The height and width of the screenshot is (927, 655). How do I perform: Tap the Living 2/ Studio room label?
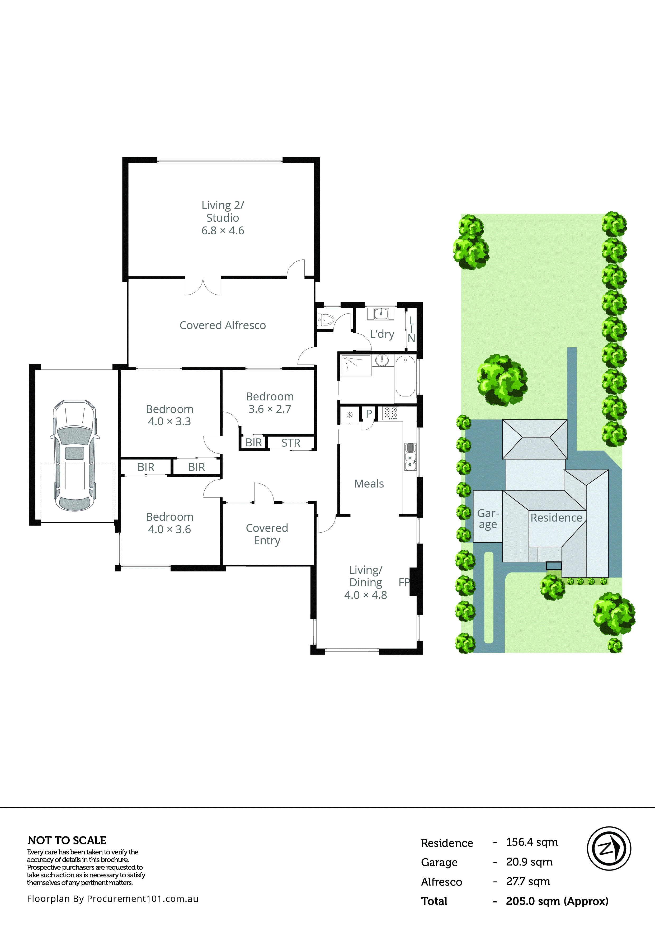tap(223, 217)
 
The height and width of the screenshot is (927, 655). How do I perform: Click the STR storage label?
tap(291, 443)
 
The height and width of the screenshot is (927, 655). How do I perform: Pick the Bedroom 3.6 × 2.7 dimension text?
tap(270, 409)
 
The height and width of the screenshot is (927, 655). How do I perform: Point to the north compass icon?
tap(609, 848)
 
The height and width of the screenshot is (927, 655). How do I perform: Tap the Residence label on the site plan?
tap(556, 518)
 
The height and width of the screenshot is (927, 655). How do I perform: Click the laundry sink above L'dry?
tap(381, 313)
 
